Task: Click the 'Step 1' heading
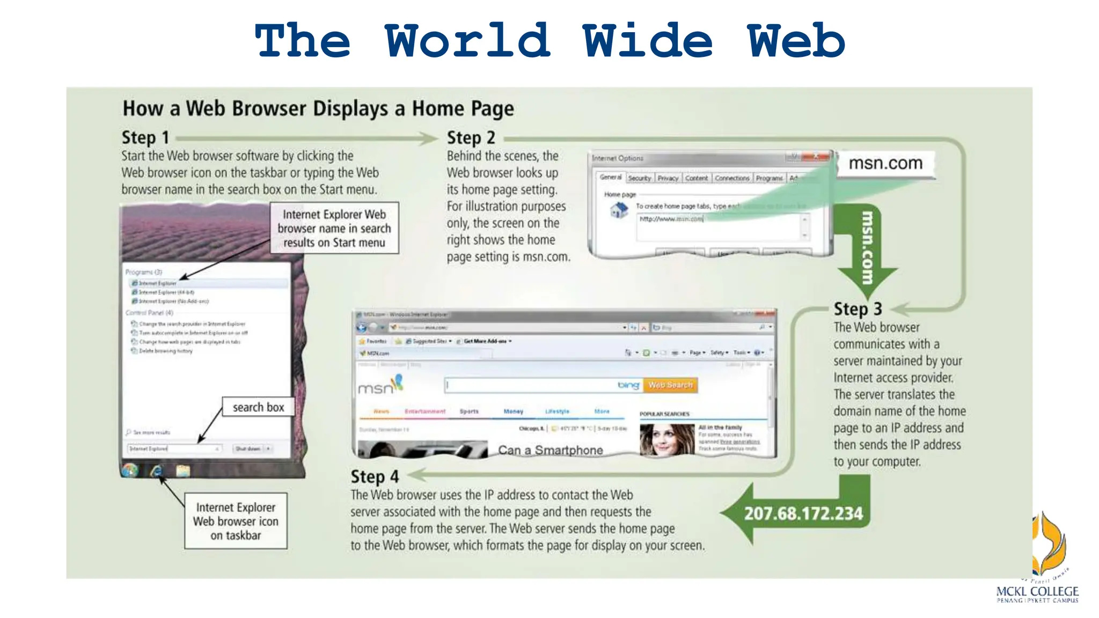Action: [x=145, y=137]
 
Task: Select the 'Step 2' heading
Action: [x=471, y=137]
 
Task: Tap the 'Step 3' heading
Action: [x=858, y=309]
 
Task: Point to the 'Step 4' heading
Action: [x=375, y=476]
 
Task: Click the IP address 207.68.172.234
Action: [x=803, y=513]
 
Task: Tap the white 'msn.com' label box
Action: [x=885, y=163]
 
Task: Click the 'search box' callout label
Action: [x=258, y=407]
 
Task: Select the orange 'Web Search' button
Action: [x=670, y=385]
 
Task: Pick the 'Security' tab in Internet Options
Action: [x=639, y=178]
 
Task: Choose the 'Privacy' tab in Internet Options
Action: [x=668, y=178]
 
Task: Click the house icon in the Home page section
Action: [x=619, y=211]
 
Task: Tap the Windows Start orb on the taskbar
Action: [x=130, y=470]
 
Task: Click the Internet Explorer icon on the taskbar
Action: [x=157, y=470]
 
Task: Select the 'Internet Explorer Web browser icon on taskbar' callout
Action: [x=236, y=521]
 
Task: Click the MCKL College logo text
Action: [x=1037, y=592]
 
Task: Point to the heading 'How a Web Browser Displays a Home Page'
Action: [x=318, y=108]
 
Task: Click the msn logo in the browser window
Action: [x=379, y=385]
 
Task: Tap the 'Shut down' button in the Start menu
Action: [x=248, y=448]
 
